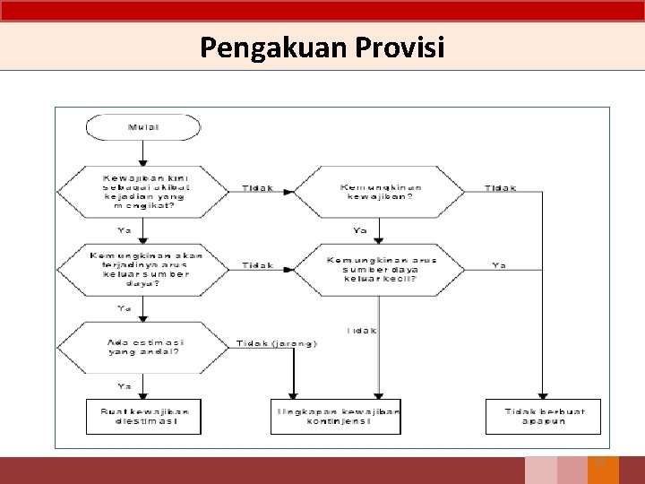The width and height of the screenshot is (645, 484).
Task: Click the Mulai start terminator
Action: click(143, 127)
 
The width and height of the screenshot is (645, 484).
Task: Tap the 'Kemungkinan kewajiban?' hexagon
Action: click(380, 191)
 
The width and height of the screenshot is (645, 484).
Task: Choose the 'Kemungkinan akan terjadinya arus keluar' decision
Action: click(143, 268)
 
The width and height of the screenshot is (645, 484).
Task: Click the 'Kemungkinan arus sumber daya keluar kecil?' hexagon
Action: click(380, 268)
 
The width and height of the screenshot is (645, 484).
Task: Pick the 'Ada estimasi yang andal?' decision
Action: click(143, 347)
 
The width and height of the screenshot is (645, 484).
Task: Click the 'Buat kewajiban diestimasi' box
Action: click(143, 417)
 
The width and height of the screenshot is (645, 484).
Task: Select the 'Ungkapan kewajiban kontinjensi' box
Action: click(336, 417)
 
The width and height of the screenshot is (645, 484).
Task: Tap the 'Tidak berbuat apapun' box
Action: click(542, 417)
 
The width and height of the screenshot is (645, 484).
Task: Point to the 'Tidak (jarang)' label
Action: click(277, 344)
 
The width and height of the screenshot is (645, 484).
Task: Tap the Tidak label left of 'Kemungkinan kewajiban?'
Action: click(258, 188)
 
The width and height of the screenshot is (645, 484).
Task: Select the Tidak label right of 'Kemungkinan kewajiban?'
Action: click(500, 188)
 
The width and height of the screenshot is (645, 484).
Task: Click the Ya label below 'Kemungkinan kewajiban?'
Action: click(360, 230)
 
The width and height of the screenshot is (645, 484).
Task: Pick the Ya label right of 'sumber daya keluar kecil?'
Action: click(500, 265)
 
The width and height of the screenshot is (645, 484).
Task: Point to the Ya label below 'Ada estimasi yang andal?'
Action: click(124, 385)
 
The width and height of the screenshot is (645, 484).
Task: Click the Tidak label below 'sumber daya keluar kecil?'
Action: click(362, 331)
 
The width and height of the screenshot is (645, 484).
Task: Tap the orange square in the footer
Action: click(602, 470)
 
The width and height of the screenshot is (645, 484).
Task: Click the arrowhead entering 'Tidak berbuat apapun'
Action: click(542, 395)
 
